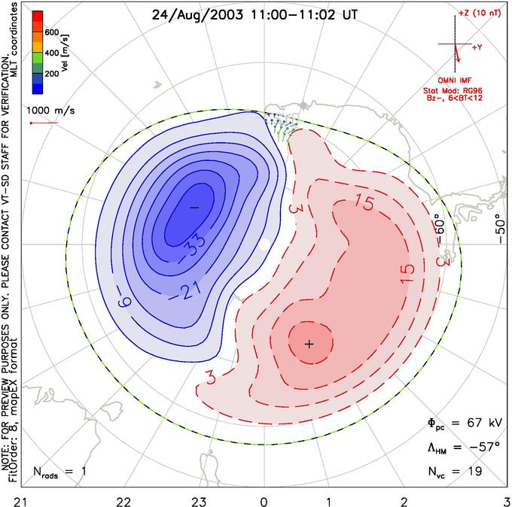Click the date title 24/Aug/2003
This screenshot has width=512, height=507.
pyautogui.click(x=197, y=15)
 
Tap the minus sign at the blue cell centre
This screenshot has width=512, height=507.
pyautogui.click(x=194, y=208)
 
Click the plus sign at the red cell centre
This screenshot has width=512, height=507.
pyautogui.click(x=309, y=344)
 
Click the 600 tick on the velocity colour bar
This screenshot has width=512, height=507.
pyautogui.click(x=52, y=32)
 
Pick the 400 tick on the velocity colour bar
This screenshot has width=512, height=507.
pyautogui.click(x=52, y=53)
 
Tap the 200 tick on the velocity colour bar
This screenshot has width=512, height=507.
pyautogui.click(x=52, y=74)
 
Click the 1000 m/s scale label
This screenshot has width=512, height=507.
pyautogui.click(x=50, y=111)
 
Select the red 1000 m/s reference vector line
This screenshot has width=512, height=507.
pyautogui.click(x=44, y=123)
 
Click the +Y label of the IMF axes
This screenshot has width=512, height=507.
pyautogui.click(x=477, y=47)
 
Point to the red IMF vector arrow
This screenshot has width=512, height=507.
pyautogui.click(x=457, y=53)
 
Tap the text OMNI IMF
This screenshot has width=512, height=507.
pyautogui.click(x=455, y=80)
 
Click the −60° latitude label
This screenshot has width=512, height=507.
pyautogui.click(x=440, y=230)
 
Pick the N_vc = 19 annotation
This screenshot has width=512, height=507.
pyautogui.click(x=455, y=472)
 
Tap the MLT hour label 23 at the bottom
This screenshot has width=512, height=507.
pyautogui.click(x=199, y=502)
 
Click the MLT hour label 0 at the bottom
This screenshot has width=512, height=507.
pyautogui.click(x=264, y=502)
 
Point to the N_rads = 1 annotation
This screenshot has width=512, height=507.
pyautogui.click(x=59, y=472)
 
